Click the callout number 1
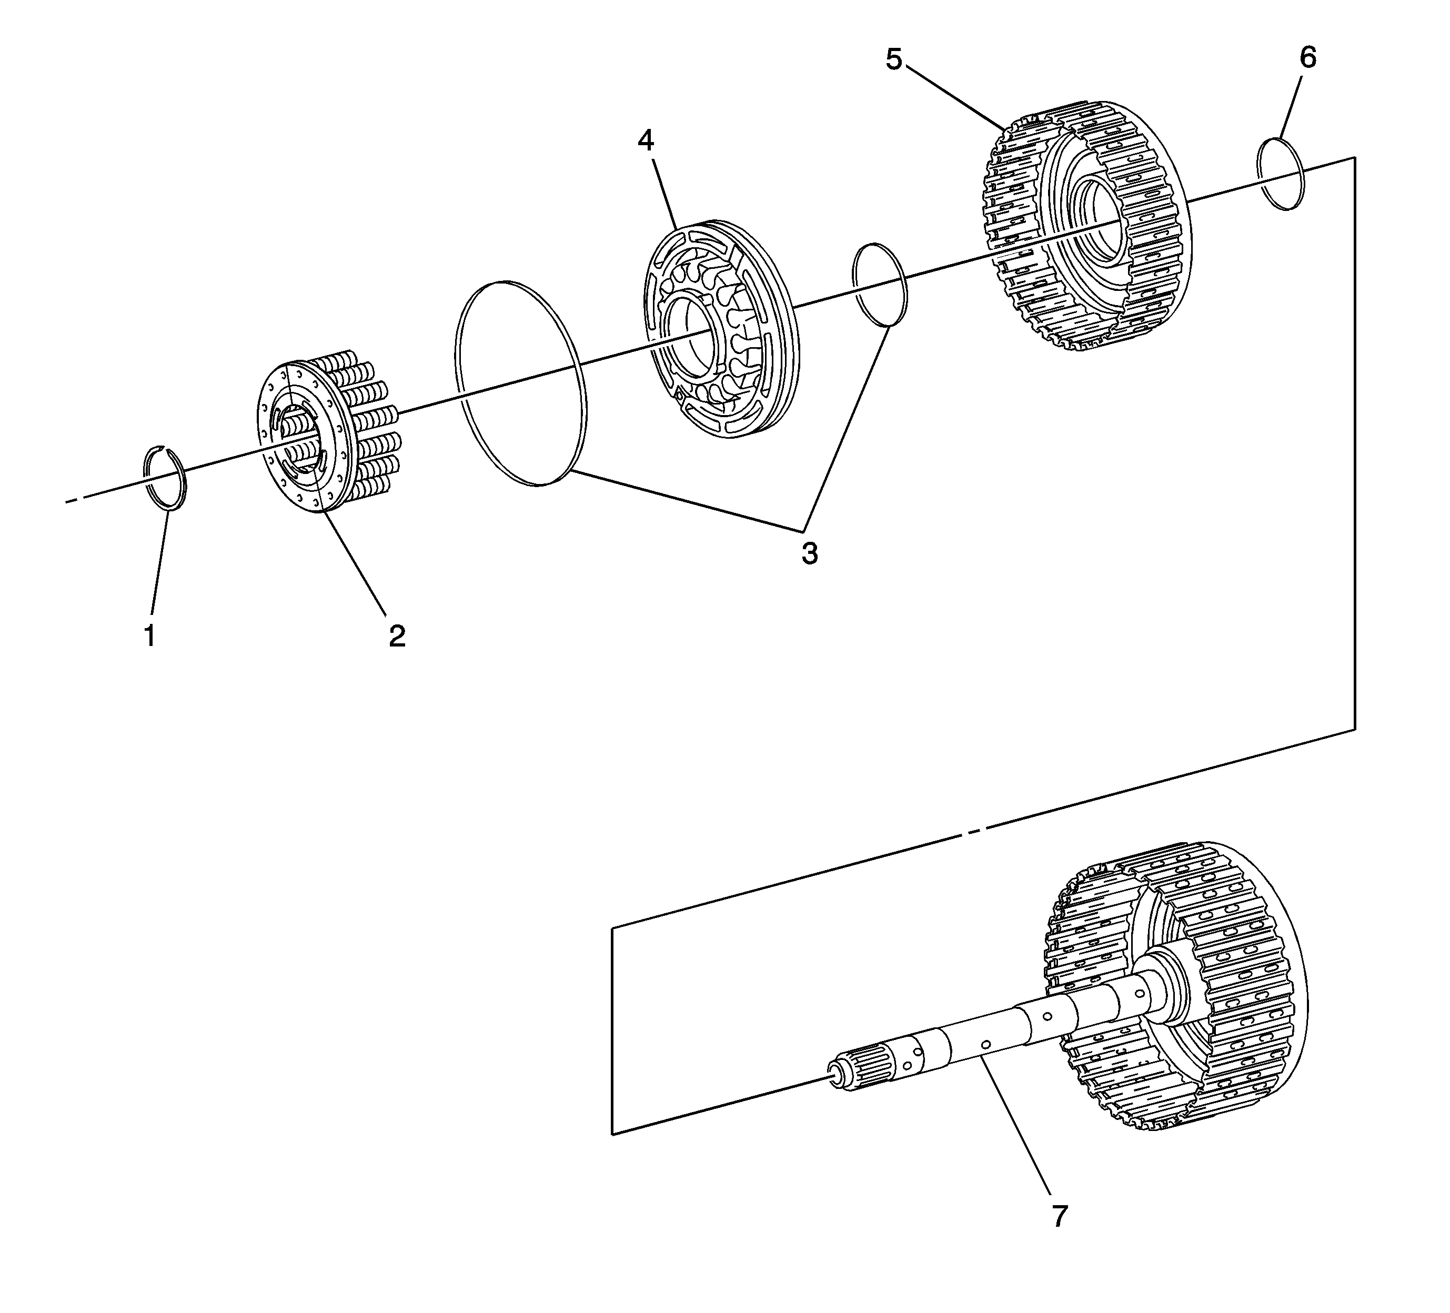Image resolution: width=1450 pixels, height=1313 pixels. (149, 635)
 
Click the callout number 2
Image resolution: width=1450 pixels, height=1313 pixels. (397, 635)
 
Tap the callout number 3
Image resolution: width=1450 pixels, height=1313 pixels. (810, 554)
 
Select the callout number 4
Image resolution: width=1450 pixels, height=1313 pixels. (646, 141)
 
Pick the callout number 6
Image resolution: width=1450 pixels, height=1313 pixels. (1307, 57)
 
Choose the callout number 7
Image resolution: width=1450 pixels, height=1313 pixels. (1060, 1216)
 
